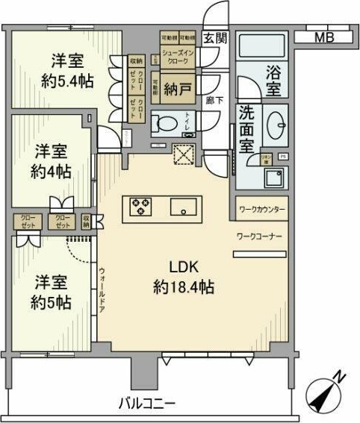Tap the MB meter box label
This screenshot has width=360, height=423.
323,37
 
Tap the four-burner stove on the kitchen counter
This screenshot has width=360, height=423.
141,206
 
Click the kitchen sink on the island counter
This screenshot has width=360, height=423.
183,206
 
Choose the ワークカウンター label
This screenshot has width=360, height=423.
261,210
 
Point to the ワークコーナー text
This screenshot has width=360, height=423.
258,236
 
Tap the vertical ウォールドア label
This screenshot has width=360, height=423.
102,289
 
